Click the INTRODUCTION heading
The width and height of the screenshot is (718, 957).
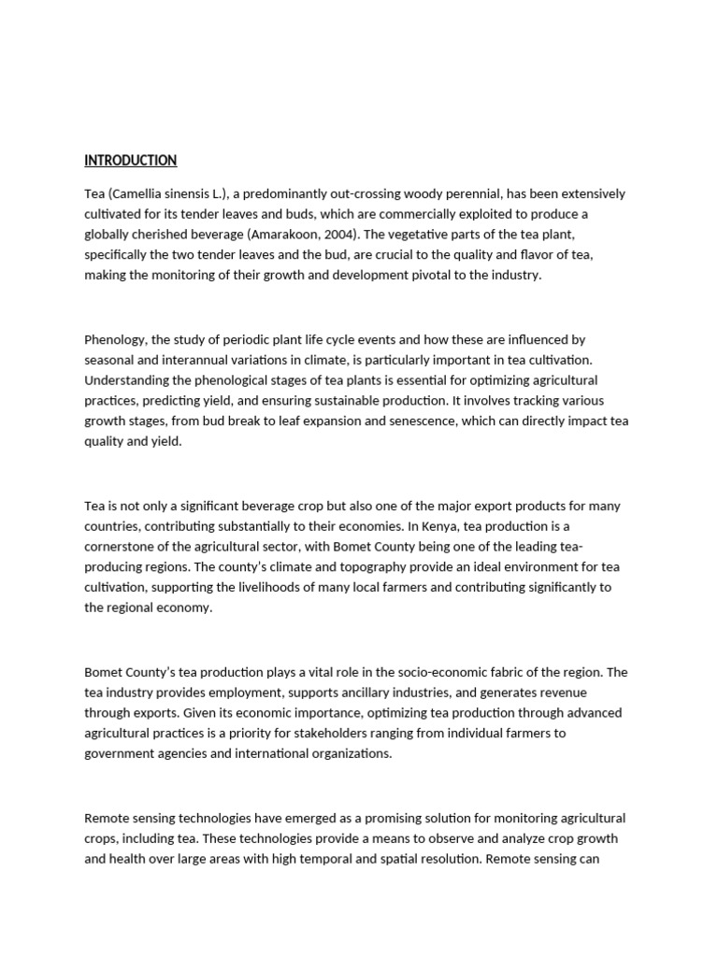[x=130, y=161]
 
